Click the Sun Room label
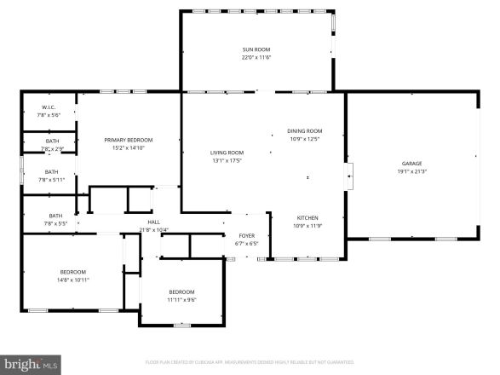[256, 50]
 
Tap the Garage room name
[412, 164]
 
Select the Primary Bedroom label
[129, 140]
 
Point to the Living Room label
[227, 153]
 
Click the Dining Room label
[305, 130]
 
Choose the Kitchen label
[307, 217]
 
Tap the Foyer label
[245, 237]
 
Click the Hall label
[154, 223]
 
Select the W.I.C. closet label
[48, 107]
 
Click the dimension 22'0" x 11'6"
[256, 58]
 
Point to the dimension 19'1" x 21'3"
[412, 171]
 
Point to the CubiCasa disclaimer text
[249, 361]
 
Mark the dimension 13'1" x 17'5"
[227, 160]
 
